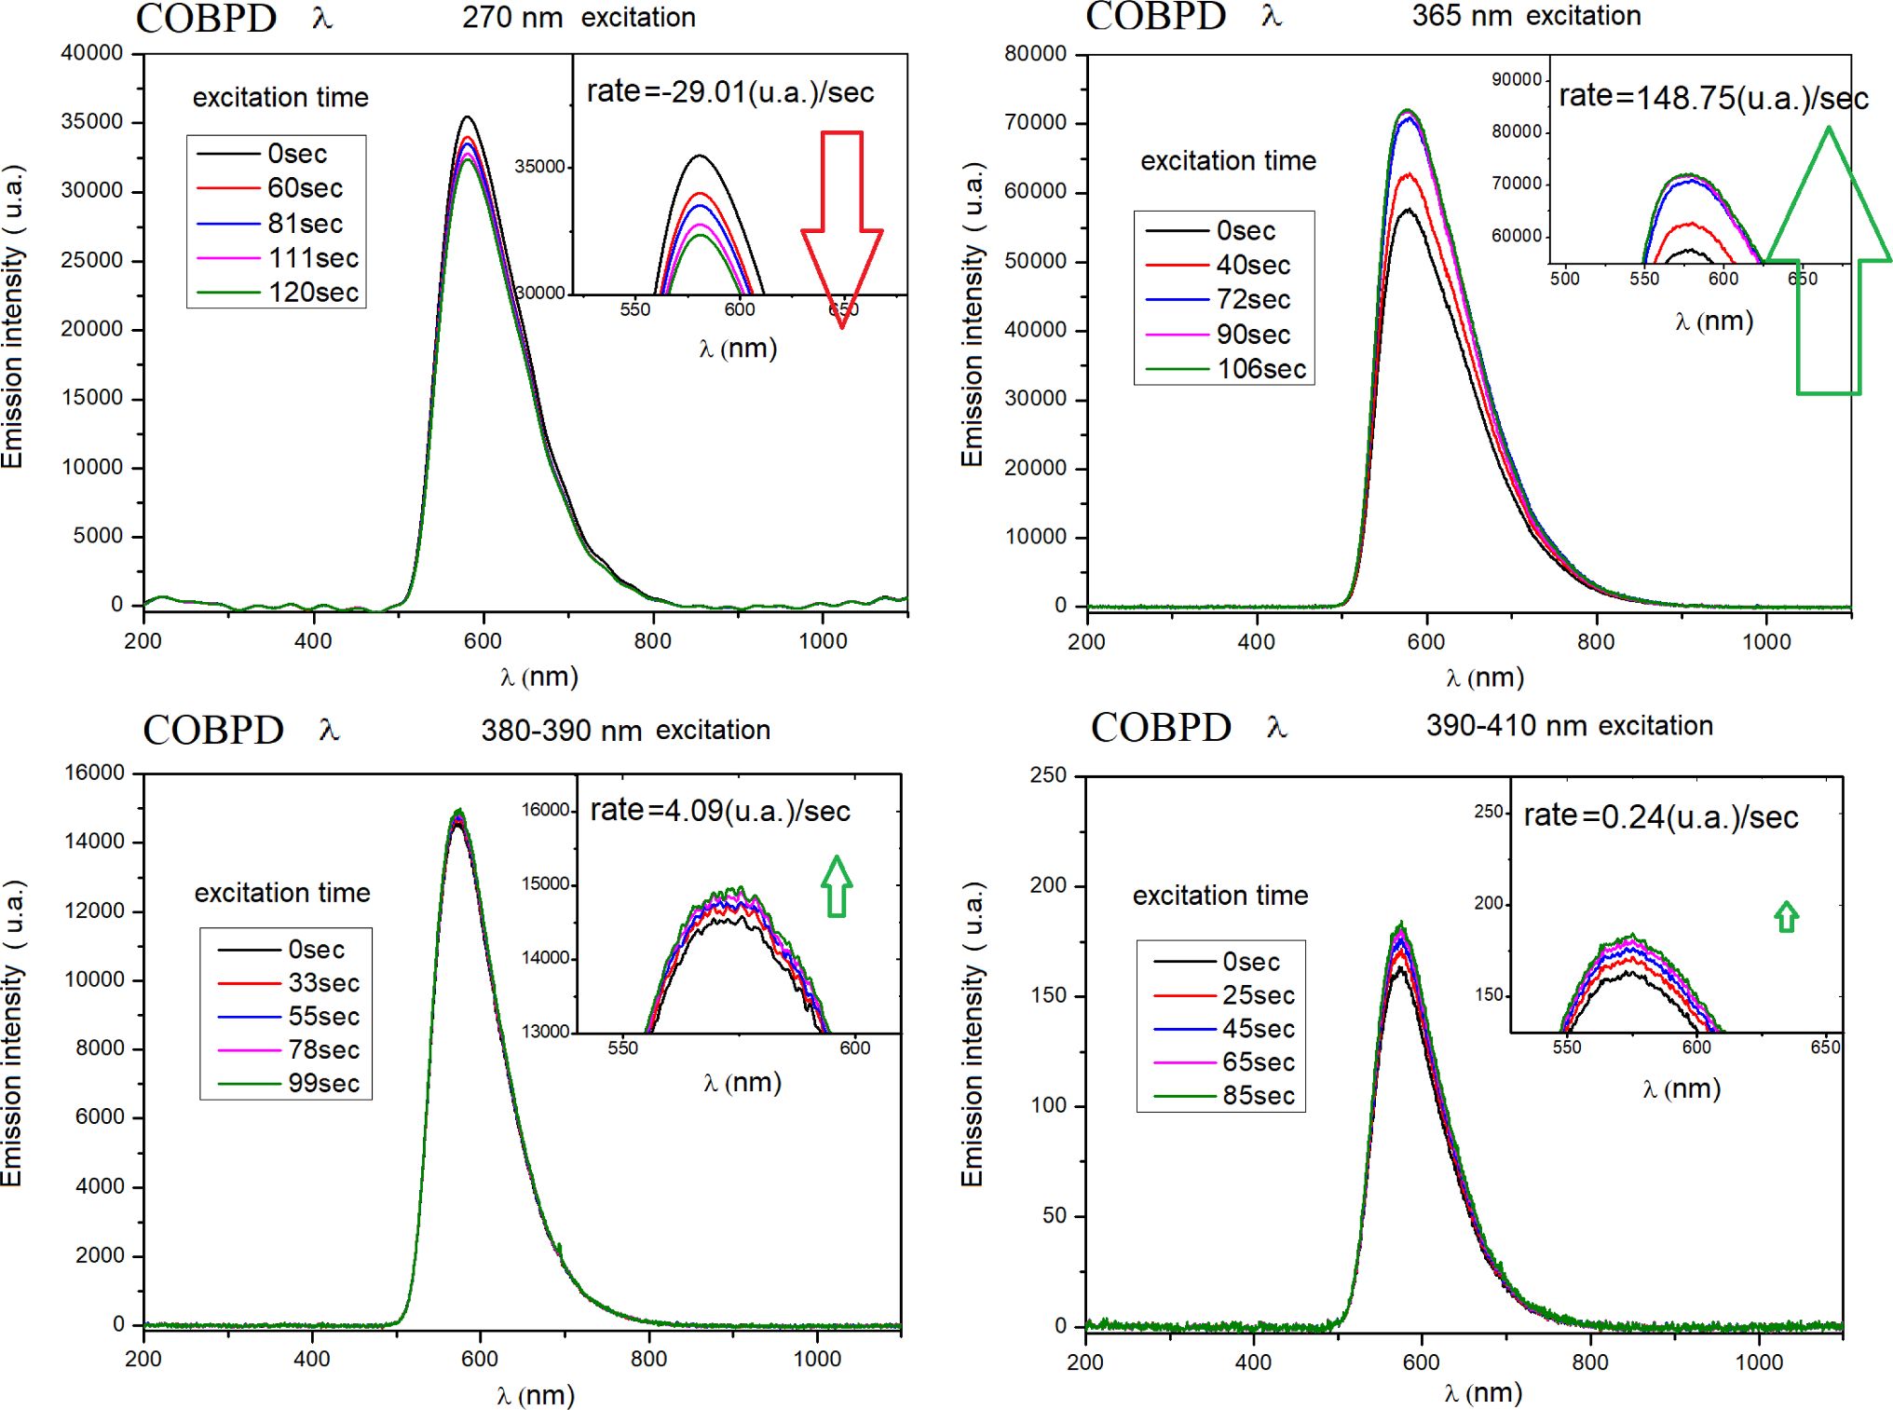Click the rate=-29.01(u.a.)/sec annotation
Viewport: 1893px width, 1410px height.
tap(729, 92)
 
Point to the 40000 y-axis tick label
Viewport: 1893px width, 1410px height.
tap(92, 53)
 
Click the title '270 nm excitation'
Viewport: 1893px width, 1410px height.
tap(579, 18)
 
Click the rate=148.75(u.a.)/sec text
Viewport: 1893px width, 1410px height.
tap(1713, 97)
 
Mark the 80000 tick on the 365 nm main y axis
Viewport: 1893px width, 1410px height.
tap(1035, 54)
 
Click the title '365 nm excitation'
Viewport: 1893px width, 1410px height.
tap(1526, 16)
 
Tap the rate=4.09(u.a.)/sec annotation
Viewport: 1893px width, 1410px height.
tap(720, 811)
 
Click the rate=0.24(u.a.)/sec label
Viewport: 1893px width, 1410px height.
tap(1660, 817)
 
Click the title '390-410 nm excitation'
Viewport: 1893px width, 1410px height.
tap(1569, 726)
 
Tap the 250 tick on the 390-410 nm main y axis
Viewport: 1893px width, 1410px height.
tap(1048, 775)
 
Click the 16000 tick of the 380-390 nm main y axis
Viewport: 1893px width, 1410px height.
tap(94, 773)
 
